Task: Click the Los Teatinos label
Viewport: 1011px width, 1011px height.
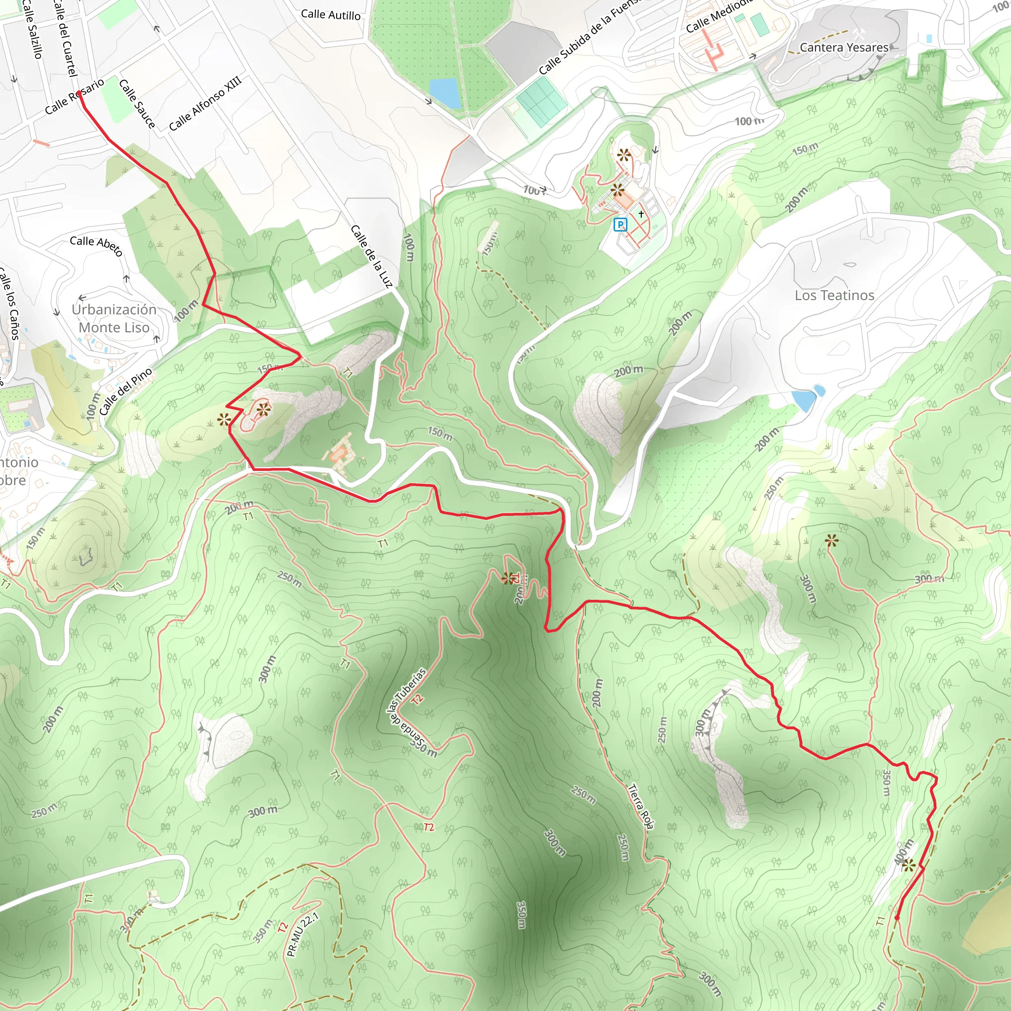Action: point(834,296)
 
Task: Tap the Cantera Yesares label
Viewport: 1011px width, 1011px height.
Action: point(844,47)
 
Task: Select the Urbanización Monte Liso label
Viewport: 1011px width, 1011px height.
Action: point(114,319)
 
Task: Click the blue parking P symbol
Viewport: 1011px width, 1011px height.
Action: point(620,225)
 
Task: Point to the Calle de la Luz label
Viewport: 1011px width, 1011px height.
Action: point(371,256)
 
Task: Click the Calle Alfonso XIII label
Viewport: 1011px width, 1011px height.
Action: point(205,104)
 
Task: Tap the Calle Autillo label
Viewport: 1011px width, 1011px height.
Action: point(331,15)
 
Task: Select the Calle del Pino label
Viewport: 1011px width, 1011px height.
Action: point(125,391)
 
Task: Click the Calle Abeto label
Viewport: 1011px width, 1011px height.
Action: point(96,245)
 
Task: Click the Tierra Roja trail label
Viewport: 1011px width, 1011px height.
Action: point(640,806)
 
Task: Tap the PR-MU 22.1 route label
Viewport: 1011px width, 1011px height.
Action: point(303,934)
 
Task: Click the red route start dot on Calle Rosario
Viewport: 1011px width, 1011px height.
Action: point(79,94)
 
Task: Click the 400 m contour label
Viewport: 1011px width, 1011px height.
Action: point(904,852)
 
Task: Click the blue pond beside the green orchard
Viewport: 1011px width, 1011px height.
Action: point(445,92)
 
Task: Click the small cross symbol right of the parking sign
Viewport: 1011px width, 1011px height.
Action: point(641,214)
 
